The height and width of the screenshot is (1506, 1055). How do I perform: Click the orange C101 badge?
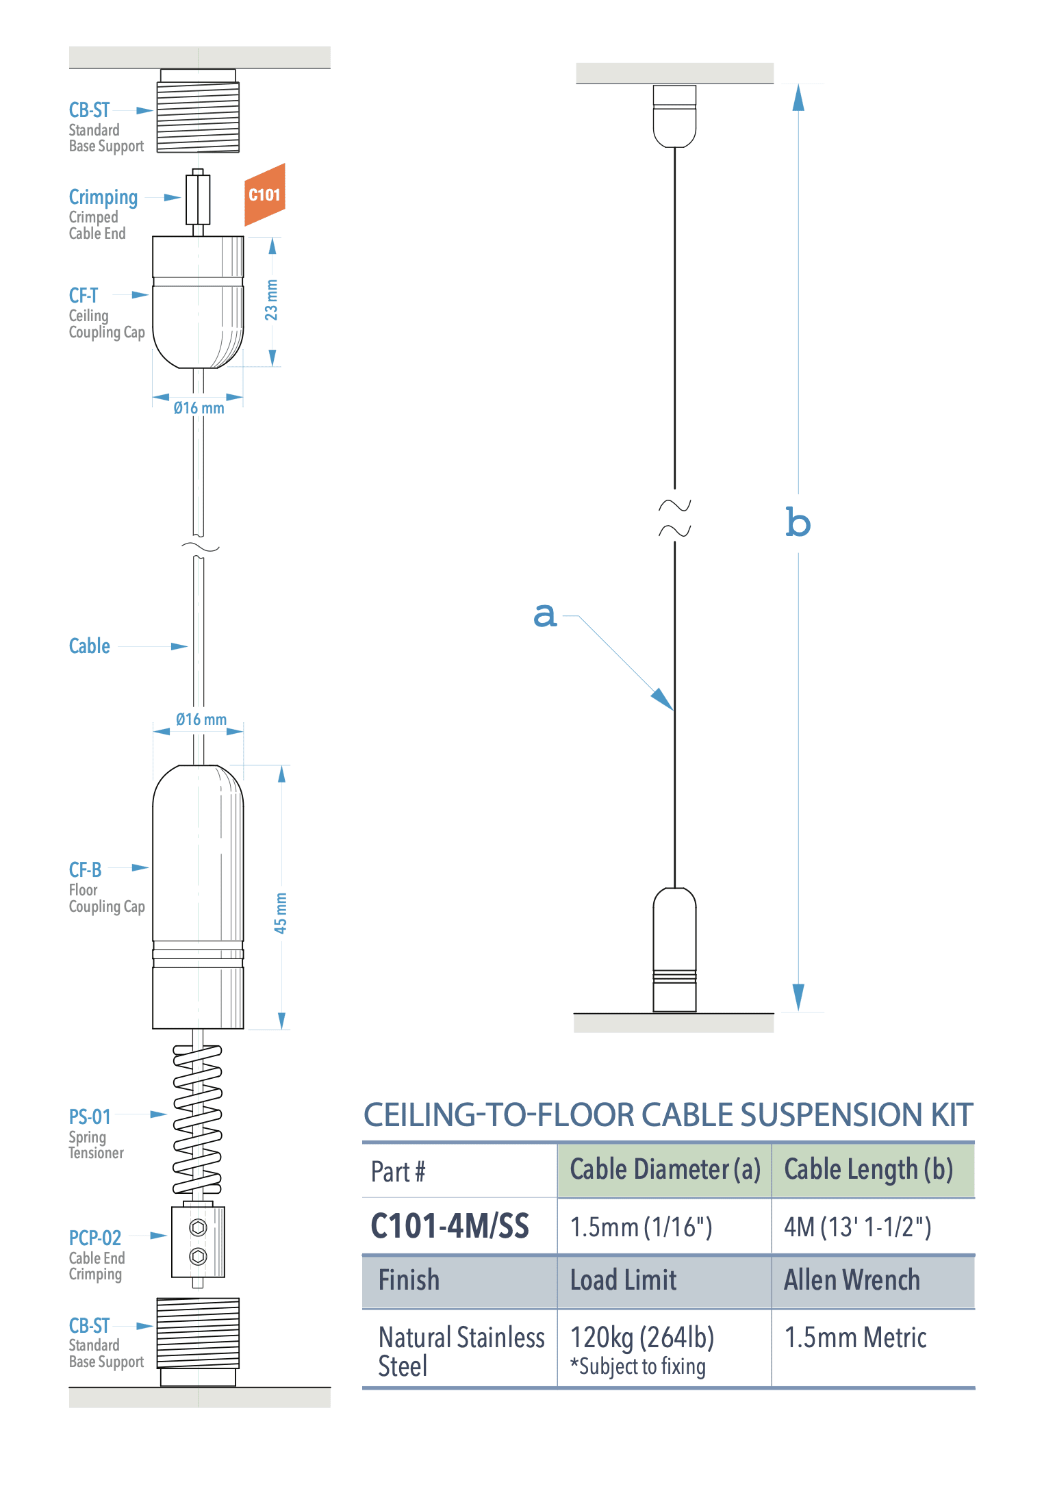click(x=264, y=195)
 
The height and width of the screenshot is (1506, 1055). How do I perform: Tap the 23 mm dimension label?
click(x=272, y=300)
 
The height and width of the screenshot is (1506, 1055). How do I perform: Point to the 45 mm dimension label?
click(x=281, y=912)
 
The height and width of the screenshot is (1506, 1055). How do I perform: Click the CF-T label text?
click(x=84, y=296)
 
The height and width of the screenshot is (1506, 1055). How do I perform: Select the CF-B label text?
click(x=85, y=870)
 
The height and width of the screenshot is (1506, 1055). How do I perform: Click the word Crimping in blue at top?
click(x=103, y=197)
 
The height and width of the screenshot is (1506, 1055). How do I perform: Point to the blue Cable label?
click(x=89, y=646)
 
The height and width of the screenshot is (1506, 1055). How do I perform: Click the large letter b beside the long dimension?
click(x=798, y=523)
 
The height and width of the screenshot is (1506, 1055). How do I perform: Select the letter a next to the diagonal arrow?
click(x=545, y=615)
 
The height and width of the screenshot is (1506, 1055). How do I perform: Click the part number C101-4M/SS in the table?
click(x=450, y=1226)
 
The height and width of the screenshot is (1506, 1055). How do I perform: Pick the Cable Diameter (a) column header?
click(x=665, y=1170)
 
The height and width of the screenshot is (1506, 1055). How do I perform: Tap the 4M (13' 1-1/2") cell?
click(x=857, y=1227)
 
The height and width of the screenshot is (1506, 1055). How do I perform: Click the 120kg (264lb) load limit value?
click(x=642, y=1337)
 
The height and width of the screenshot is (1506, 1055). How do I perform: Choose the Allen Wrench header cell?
click(x=852, y=1280)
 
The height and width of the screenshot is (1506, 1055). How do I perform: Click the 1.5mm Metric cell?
click(x=855, y=1338)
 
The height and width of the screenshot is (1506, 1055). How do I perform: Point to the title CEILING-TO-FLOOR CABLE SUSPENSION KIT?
click(x=668, y=1115)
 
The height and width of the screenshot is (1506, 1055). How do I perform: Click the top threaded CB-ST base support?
click(x=198, y=116)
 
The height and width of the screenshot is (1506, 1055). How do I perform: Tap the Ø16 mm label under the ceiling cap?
click(x=199, y=409)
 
